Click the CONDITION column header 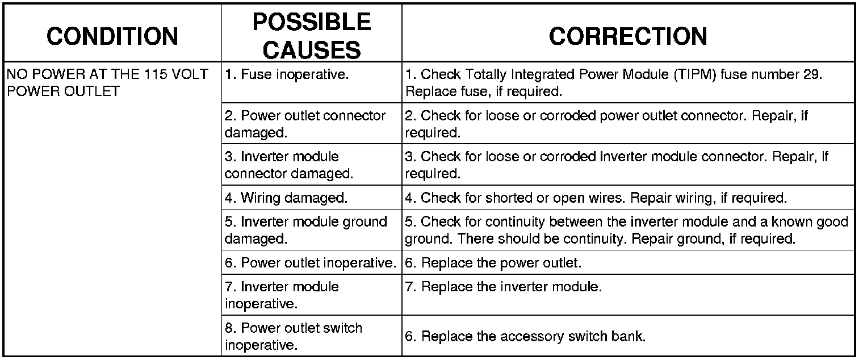click(112, 36)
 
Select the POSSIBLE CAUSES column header click(312, 36)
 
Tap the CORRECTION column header click(628, 36)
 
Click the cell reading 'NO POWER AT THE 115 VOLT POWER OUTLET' click(107, 82)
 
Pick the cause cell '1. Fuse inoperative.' click(287, 74)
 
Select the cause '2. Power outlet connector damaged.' click(305, 124)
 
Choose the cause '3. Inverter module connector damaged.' click(289, 165)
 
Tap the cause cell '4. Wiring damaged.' click(286, 198)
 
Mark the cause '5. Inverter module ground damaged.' click(306, 230)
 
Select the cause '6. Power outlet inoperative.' click(311, 263)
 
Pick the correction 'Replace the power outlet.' click(501, 263)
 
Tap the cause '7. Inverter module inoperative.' click(282, 295)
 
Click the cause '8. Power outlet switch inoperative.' click(294, 336)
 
